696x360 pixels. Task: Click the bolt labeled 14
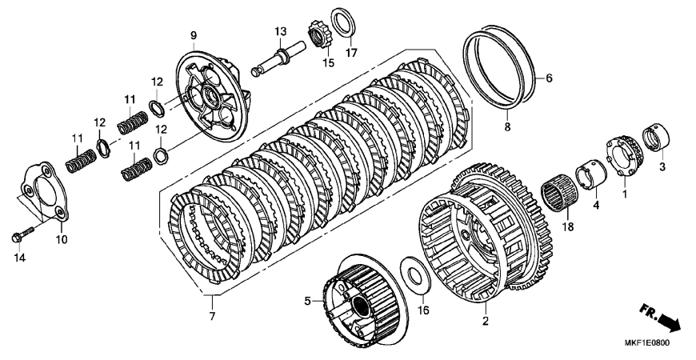(22, 234)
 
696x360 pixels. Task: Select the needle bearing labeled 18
(559, 194)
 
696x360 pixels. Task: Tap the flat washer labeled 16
(414, 277)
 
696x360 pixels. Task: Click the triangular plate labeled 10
(46, 191)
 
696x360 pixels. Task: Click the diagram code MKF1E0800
(647, 342)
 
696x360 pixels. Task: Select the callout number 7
(212, 317)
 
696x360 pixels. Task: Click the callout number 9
(194, 34)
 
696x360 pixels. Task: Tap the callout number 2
(485, 321)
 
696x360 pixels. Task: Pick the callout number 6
(549, 78)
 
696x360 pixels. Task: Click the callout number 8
(507, 127)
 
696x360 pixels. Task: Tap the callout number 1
(625, 194)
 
